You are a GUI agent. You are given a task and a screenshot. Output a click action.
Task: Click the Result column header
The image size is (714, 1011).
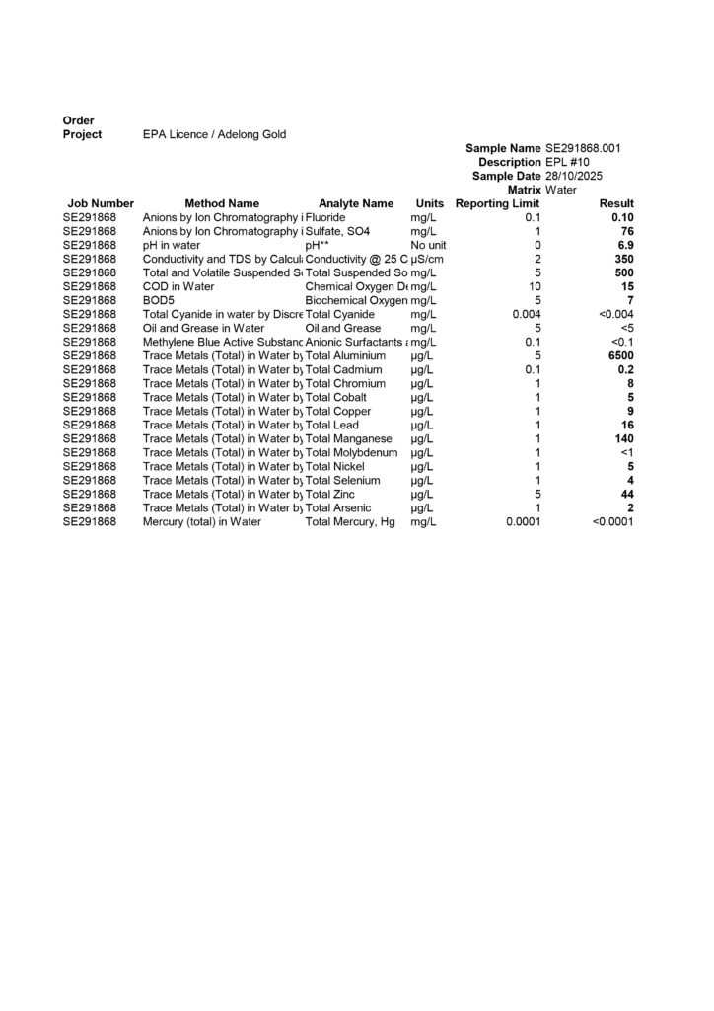pyautogui.click(x=616, y=203)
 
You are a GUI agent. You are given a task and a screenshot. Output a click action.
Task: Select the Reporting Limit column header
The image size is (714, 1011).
pyautogui.click(x=498, y=203)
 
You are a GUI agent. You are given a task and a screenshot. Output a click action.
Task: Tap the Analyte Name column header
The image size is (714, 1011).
pyautogui.click(x=356, y=203)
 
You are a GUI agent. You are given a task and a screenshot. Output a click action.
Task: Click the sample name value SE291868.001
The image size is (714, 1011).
pyautogui.click(x=582, y=148)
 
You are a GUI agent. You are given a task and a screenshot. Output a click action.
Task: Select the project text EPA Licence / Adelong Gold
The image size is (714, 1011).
pyautogui.click(x=215, y=134)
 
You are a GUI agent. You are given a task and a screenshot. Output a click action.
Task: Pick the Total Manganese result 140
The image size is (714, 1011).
pyautogui.click(x=624, y=438)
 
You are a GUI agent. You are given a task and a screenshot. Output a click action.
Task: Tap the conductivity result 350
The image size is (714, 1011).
pyautogui.click(x=624, y=259)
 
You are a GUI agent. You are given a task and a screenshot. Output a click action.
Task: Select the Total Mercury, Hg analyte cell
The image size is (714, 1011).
pyautogui.click(x=350, y=521)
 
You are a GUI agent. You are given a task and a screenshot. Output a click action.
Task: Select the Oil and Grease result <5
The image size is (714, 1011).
pyautogui.click(x=627, y=328)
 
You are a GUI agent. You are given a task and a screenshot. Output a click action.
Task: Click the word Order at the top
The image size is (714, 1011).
pyautogui.click(x=78, y=120)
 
